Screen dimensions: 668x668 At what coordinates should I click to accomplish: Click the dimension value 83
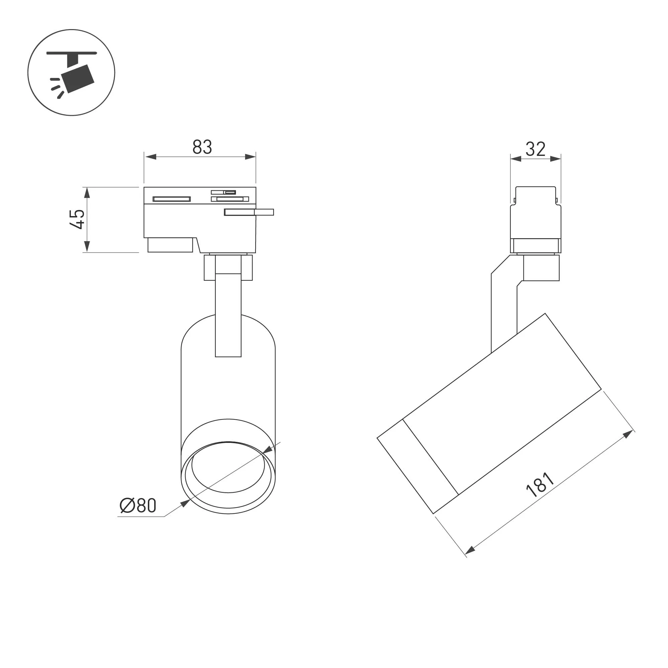tap(202, 147)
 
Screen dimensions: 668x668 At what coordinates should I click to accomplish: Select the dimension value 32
tap(535, 149)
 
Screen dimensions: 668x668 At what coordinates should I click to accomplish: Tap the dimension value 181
tap(540, 484)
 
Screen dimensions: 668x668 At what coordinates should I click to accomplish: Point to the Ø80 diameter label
tap(138, 506)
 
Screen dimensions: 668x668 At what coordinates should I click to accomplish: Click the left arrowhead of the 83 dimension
tap(151, 157)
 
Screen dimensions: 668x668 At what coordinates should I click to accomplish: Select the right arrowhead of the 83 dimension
tap(250, 157)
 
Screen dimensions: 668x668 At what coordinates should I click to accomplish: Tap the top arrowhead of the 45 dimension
tap(87, 193)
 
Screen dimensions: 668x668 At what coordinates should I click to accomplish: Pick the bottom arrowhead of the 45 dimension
tap(87, 247)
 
